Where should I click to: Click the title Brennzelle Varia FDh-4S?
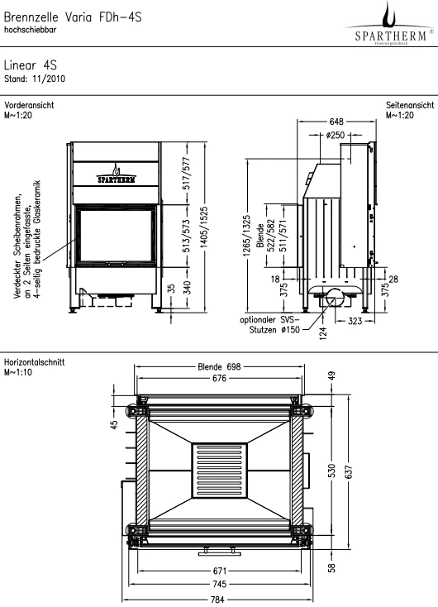click(73, 17)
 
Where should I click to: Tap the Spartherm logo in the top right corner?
click(389, 24)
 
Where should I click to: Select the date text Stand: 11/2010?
click(35, 79)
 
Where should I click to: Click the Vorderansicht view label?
click(29, 105)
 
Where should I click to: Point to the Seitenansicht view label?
click(410, 105)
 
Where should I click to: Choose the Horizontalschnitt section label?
click(34, 362)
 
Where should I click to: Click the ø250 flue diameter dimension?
click(335, 135)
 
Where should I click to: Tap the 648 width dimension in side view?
click(336, 122)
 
